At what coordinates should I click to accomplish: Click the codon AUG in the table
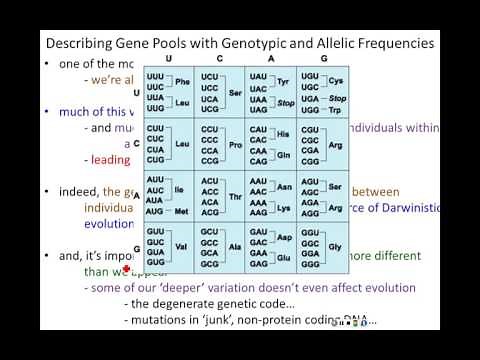click(x=155, y=213)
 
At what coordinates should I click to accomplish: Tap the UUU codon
click(x=155, y=77)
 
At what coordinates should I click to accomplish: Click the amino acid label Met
click(x=182, y=213)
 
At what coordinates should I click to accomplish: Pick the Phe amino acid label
click(x=183, y=82)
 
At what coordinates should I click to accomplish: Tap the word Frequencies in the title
click(x=386, y=44)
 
